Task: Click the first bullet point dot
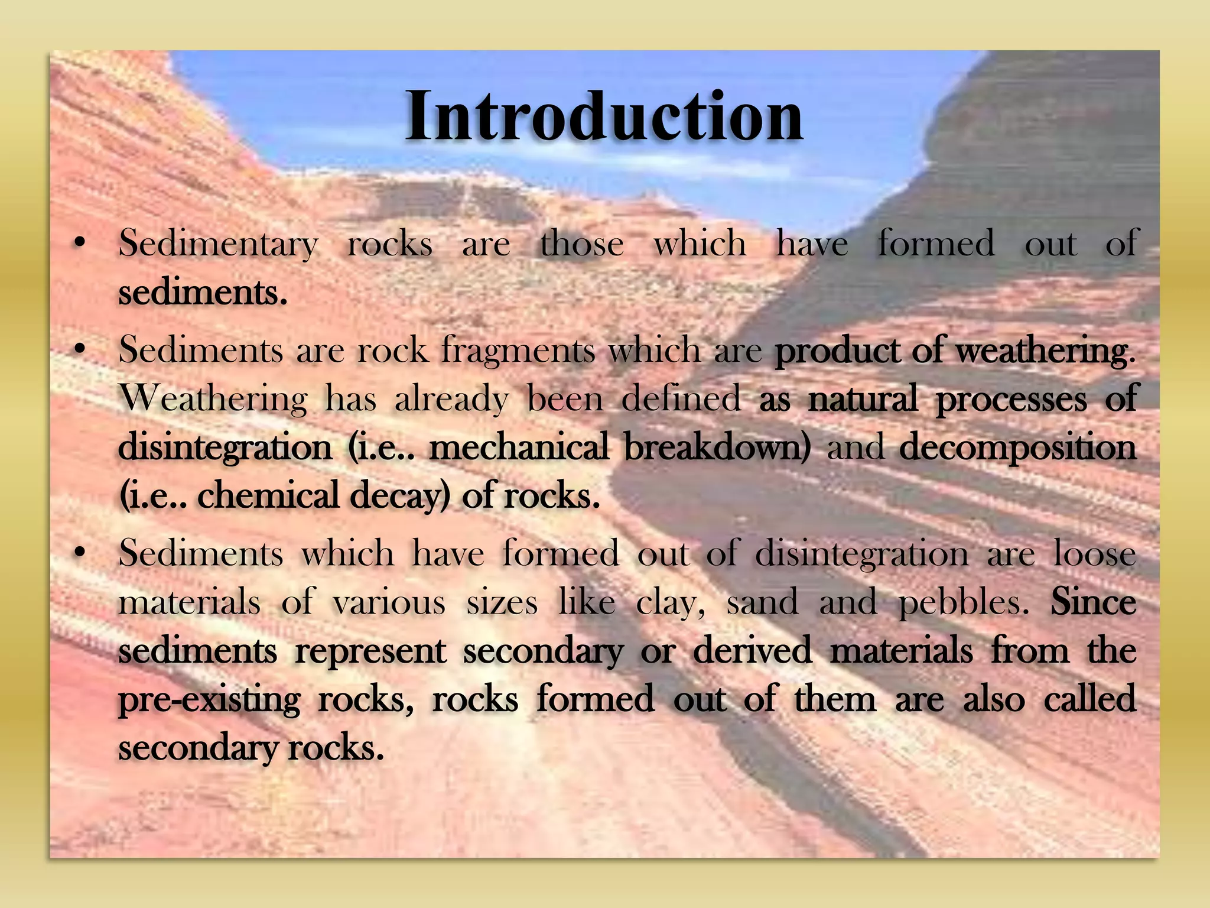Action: pyautogui.click(x=79, y=242)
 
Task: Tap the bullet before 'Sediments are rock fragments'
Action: pyautogui.click(x=79, y=349)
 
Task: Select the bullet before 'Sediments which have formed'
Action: pyautogui.click(x=79, y=553)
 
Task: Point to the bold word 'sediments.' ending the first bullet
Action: pyautogui.click(x=203, y=292)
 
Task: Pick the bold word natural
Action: pyautogui.click(x=863, y=398)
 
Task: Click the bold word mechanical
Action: pyautogui.click(x=519, y=447)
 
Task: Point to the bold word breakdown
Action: pyautogui.click(x=717, y=447)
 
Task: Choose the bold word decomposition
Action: pyautogui.click(x=1017, y=448)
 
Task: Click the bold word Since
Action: pyautogui.click(x=1093, y=602)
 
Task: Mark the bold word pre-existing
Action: pyautogui.click(x=209, y=701)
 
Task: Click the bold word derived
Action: pyautogui.click(x=752, y=651)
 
